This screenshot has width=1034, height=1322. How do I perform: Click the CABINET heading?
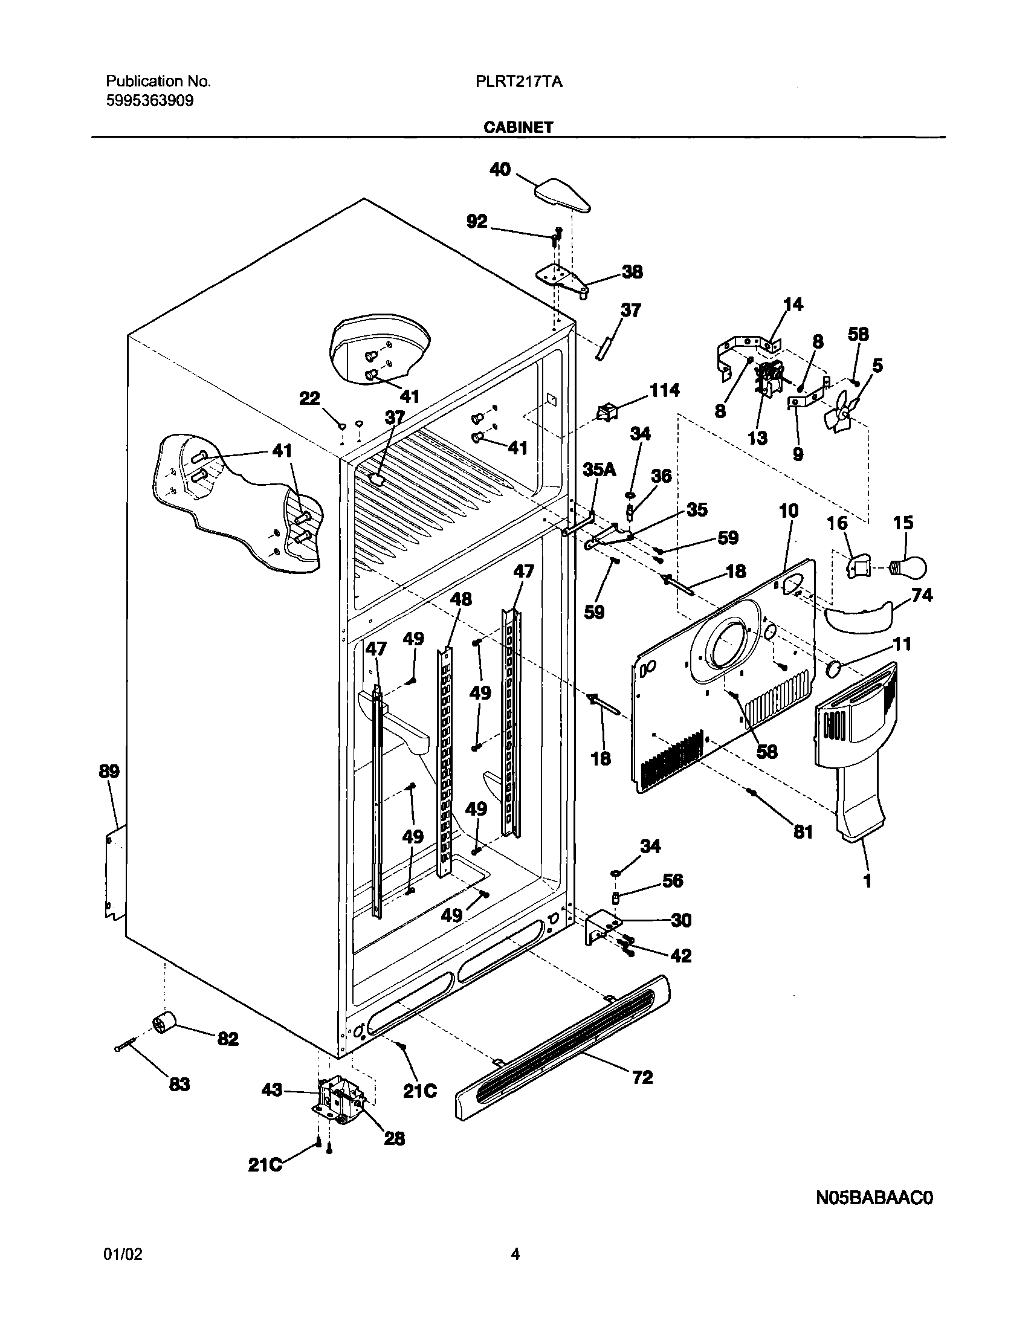[518, 127]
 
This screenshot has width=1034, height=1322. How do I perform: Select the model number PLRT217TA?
[519, 82]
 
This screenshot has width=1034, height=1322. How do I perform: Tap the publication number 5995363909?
[149, 101]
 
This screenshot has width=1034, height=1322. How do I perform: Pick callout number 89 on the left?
[109, 772]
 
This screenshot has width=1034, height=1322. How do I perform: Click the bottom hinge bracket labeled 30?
[603, 928]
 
